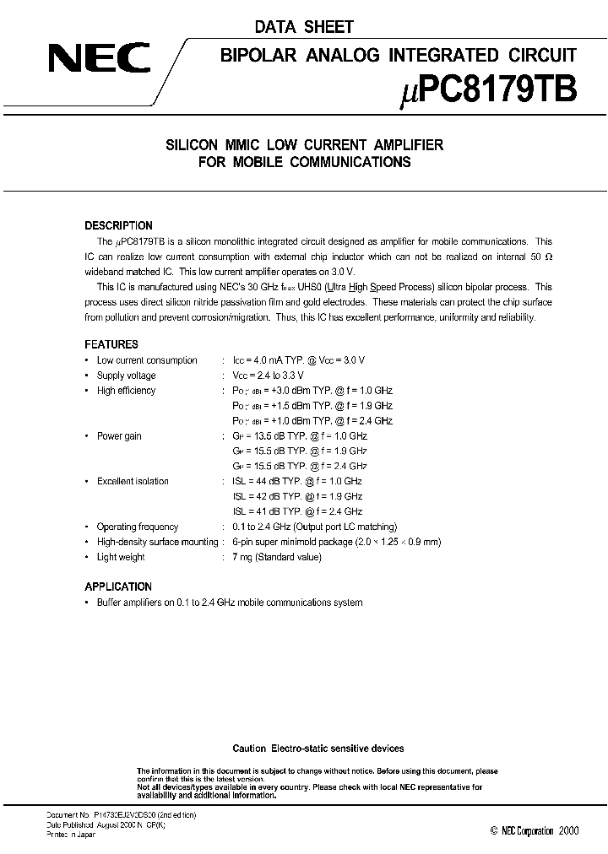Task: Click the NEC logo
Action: [99, 58]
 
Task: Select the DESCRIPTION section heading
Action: [118, 226]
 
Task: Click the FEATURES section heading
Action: [111, 344]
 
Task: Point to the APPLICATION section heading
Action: [118, 586]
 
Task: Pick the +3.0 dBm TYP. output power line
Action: [312, 391]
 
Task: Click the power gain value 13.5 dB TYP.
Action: [299, 436]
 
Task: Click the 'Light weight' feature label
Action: [121, 557]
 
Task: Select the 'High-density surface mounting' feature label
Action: [157, 542]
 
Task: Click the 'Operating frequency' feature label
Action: [138, 527]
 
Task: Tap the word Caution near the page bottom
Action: [249, 749]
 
